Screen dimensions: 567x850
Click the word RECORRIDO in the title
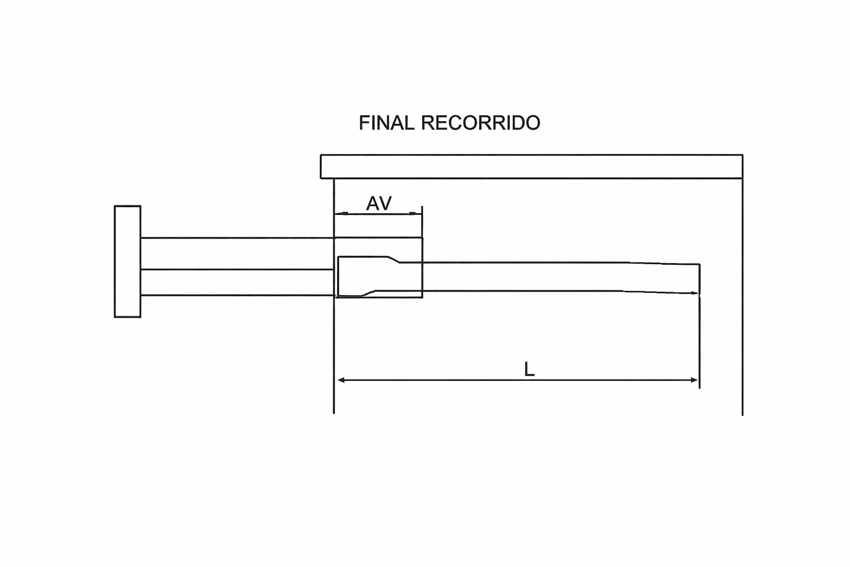coord(480,123)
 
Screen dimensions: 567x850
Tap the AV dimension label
coord(379,204)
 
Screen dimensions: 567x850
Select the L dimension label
coord(529,369)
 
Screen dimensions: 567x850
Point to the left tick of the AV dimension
coord(345,213)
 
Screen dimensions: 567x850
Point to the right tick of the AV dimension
coord(412,213)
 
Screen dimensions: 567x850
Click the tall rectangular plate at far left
coord(127,261)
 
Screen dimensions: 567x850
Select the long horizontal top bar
coord(531,167)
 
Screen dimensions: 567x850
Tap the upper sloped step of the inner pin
coord(393,259)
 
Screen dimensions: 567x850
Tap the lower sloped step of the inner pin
coord(369,293)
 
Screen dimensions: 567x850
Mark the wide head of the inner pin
coord(360,276)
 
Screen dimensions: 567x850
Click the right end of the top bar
coord(741,167)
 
